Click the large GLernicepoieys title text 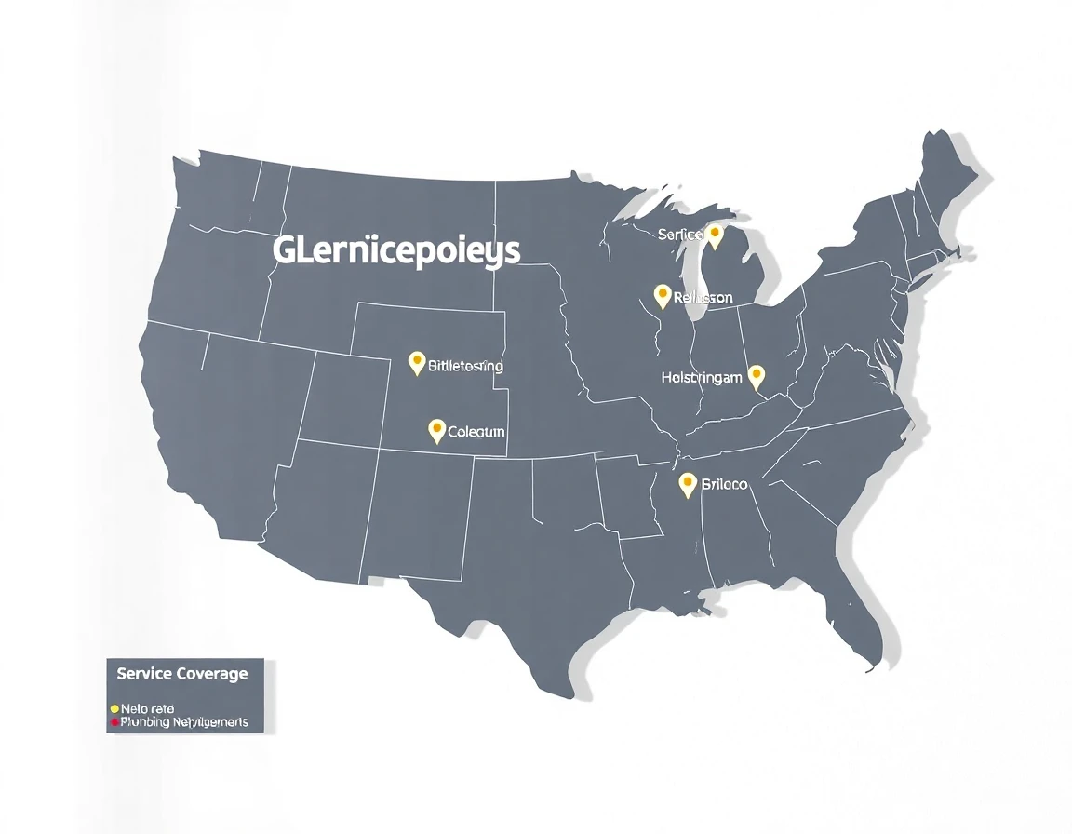pyautogui.click(x=396, y=251)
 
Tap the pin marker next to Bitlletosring pyautogui.click(x=417, y=362)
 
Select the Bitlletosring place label pyautogui.click(x=465, y=366)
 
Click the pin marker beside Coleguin pyautogui.click(x=436, y=429)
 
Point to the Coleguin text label pyautogui.click(x=476, y=432)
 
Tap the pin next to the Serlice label pyautogui.click(x=715, y=235)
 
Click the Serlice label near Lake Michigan pyautogui.click(x=679, y=235)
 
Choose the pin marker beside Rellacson pyautogui.click(x=663, y=296)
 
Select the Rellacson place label pyautogui.click(x=703, y=298)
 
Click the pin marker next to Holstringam pyautogui.click(x=757, y=375)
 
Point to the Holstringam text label pyautogui.click(x=702, y=377)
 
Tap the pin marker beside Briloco pyautogui.click(x=688, y=483)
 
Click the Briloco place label pyautogui.click(x=724, y=485)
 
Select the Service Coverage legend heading pyautogui.click(x=182, y=673)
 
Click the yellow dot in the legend pyautogui.click(x=114, y=708)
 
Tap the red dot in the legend pyautogui.click(x=114, y=721)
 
